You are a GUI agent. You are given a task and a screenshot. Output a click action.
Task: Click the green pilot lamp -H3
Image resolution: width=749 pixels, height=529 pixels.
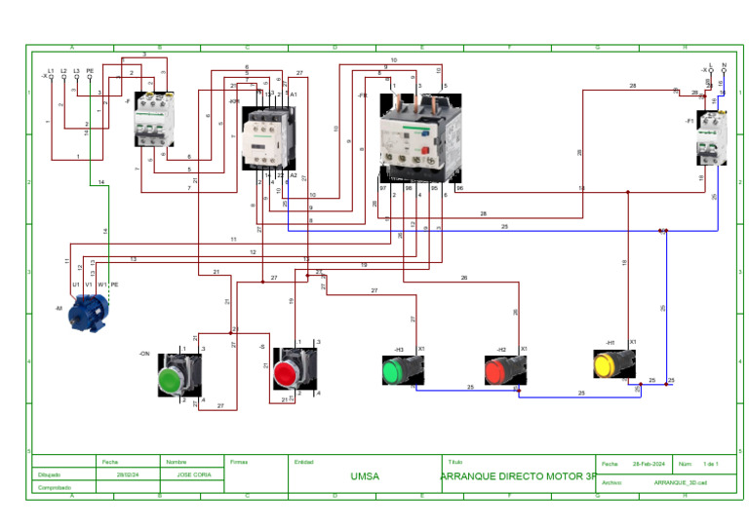[x=401, y=370]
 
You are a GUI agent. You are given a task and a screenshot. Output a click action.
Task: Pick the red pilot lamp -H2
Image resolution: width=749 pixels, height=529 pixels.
[x=504, y=370]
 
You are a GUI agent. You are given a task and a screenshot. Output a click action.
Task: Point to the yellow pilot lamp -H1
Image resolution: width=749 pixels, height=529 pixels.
[x=614, y=363]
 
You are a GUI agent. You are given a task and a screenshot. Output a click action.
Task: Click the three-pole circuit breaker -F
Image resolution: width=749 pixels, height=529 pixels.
[x=154, y=120]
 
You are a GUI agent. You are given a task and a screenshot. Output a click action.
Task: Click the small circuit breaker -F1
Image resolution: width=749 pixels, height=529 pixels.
[x=710, y=138]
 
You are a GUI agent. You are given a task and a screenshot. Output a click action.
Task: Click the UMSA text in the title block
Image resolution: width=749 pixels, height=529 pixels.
[x=365, y=476]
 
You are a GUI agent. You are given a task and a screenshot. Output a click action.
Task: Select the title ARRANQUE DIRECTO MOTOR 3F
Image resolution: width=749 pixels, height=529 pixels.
[x=518, y=476]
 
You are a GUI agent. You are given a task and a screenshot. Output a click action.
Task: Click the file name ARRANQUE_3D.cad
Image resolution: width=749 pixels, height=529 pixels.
[x=680, y=481]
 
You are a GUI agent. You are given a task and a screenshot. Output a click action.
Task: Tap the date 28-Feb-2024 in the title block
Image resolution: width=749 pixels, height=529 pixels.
[x=649, y=464]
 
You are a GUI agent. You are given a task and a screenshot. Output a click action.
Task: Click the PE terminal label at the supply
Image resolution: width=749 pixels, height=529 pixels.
[x=90, y=70]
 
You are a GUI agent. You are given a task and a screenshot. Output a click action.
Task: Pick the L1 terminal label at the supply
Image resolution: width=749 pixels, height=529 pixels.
[x=51, y=70]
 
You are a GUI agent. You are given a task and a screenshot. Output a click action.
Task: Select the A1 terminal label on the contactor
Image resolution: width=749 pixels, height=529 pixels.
[x=294, y=94]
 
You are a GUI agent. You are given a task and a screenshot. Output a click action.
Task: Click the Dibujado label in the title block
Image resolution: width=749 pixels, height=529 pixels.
[x=49, y=474]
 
